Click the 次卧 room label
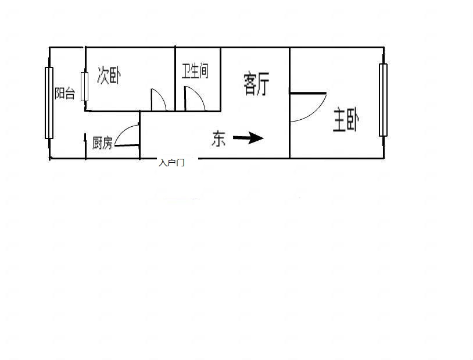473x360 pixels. point(109,75)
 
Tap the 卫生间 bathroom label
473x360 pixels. point(195,72)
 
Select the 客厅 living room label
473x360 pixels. point(256,84)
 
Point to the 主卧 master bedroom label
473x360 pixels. point(346,120)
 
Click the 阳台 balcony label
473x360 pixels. point(64,93)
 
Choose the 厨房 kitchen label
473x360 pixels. point(102,143)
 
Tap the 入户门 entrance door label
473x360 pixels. point(171,163)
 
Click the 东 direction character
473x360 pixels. point(218,138)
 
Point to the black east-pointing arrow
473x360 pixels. point(248,138)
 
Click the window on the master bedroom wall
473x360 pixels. point(383,100)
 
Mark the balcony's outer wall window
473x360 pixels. point(49,103)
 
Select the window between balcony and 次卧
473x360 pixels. point(84,87)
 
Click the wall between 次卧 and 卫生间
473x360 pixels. point(175,79)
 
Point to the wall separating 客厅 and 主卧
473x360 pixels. point(289,103)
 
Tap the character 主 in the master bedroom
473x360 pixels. point(339,120)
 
